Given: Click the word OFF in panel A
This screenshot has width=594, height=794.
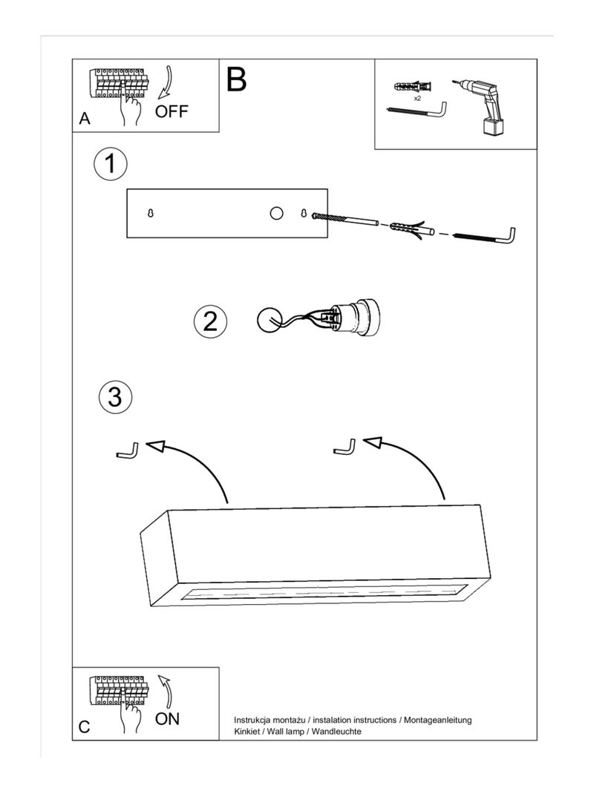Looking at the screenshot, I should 172,112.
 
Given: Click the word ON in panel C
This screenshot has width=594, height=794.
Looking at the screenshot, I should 167,718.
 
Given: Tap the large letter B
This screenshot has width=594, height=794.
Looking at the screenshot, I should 236,79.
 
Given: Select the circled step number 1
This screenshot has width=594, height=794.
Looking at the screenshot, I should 111,164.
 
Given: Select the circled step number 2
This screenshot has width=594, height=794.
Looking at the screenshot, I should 210,321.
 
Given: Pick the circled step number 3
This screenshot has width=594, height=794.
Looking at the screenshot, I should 115,397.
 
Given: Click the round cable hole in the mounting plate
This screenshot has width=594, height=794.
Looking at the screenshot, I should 276,214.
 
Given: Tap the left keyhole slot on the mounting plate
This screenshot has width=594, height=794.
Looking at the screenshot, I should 151,214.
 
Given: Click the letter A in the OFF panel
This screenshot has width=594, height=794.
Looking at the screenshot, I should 85,119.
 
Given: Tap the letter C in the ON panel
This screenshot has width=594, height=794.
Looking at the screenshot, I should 84,727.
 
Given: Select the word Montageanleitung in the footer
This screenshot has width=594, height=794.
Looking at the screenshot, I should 438,720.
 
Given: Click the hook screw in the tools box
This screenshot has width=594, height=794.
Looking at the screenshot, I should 416,111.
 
